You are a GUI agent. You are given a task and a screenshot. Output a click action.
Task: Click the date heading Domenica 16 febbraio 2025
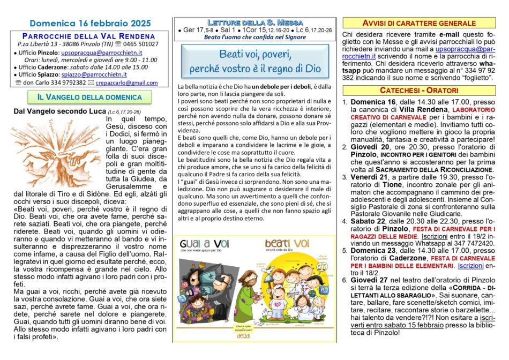pos(90,24)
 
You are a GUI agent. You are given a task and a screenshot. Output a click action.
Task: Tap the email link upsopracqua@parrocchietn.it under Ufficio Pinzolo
pos(101,52)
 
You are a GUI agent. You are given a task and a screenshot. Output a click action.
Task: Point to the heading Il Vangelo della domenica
pos(89,97)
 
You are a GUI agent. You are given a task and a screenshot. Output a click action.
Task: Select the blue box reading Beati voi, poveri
pos(254,61)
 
